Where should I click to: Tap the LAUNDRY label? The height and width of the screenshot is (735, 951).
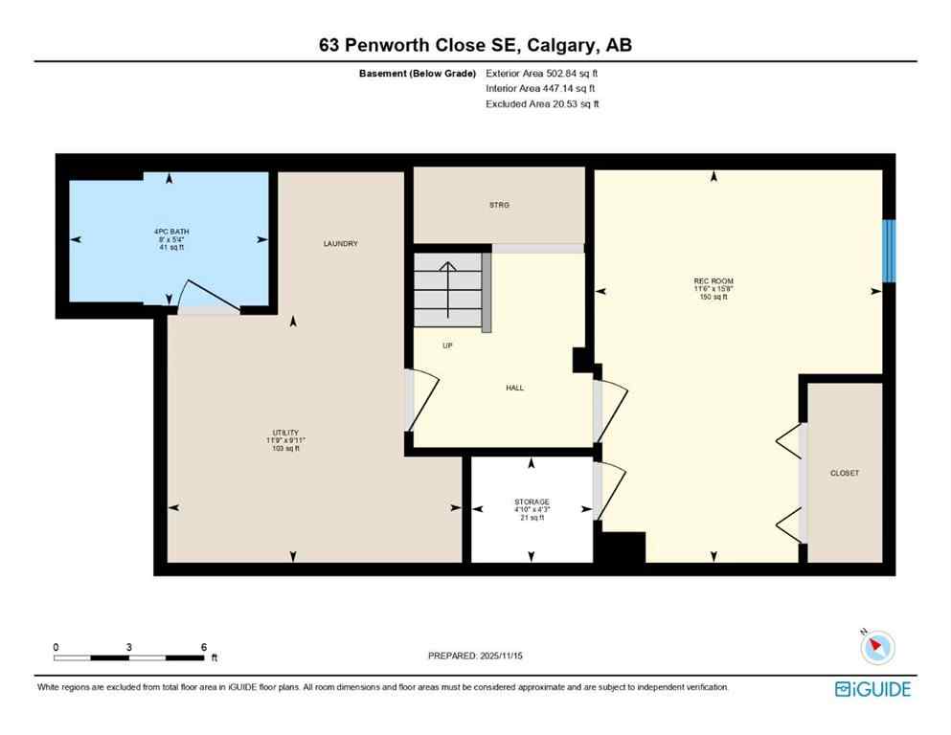340,244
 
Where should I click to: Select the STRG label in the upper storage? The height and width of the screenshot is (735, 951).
498,205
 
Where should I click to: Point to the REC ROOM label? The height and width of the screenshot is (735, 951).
713,281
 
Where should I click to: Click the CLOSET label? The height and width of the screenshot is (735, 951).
845,473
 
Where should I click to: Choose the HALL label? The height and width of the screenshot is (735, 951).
514,388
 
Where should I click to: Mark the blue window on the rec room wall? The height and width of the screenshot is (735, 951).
888,251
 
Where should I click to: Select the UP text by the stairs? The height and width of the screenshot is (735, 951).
447,345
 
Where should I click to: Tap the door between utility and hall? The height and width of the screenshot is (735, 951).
421,400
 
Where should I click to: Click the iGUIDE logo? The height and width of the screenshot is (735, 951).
872,688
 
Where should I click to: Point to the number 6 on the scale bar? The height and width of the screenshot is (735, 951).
203,647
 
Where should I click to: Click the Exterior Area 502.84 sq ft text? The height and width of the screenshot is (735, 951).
543,73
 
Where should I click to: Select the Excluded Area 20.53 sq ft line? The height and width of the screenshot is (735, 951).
543,104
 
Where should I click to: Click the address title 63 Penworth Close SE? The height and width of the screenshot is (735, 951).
475,45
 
